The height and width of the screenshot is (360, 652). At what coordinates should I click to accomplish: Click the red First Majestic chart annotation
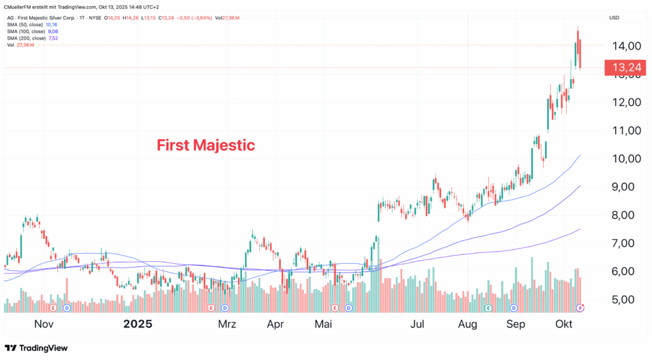click(x=206, y=145)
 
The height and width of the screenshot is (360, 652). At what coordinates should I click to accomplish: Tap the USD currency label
click(x=614, y=17)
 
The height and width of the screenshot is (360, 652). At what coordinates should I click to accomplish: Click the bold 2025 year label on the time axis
click(x=138, y=324)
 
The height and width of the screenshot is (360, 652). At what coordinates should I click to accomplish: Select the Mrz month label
click(x=227, y=324)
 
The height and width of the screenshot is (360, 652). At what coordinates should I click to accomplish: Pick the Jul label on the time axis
click(x=417, y=324)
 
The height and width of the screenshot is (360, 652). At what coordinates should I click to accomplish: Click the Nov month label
click(x=43, y=324)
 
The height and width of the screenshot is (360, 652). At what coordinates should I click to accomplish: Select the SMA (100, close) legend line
click(x=25, y=31)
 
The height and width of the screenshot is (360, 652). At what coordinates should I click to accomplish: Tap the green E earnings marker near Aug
click(x=488, y=308)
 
